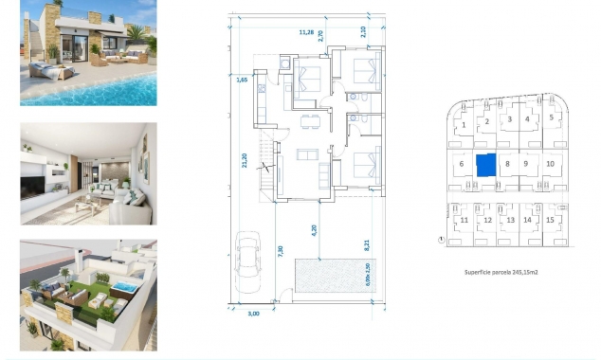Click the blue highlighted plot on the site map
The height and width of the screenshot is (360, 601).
tap(485, 165)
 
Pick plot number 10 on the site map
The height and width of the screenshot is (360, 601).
tap(550, 164)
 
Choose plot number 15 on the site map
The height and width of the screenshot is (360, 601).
tap(550, 220)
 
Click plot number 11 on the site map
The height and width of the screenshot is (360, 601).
tap(464, 221)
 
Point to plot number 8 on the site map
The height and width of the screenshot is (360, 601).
tap(508, 164)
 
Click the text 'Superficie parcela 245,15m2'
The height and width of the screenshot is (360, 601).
tap(501, 271)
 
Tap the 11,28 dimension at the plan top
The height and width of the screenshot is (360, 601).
tap(306, 31)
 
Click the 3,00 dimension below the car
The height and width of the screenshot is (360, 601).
tap(252, 313)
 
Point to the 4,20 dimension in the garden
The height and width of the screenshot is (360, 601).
tap(313, 227)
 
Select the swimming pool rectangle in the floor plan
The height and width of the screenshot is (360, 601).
tap(325, 276)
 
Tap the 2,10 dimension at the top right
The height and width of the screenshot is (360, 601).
tap(363, 30)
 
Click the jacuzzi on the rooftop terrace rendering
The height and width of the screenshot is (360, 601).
tap(122, 285)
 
